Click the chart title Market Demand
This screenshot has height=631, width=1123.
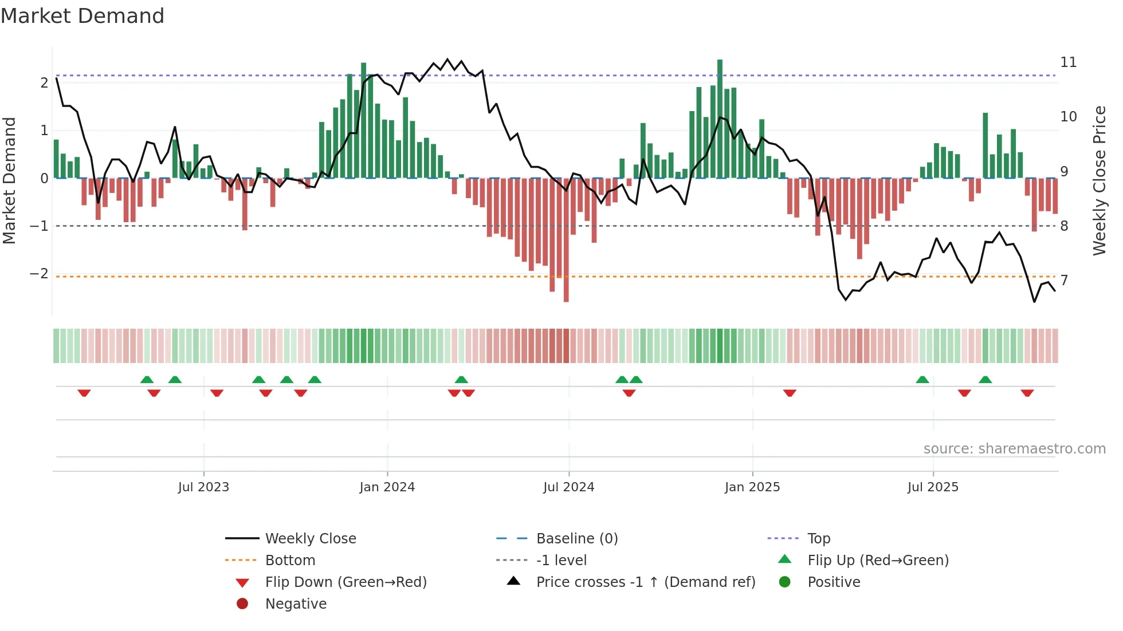(x=83, y=15)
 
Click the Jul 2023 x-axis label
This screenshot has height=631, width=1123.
(x=203, y=487)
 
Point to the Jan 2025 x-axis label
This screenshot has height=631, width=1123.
(x=752, y=487)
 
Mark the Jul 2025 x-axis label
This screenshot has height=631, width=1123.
(x=933, y=487)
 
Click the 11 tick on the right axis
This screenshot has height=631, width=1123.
(x=1068, y=62)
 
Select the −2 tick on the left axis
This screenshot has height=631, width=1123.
(x=40, y=273)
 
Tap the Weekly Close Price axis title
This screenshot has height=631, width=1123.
(x=1099, y=180)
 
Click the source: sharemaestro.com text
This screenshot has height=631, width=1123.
(x=1014, y=448)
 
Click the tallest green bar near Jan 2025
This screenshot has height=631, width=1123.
(x=720, y=119)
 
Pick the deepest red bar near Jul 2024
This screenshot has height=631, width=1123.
(x=566, y=240)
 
